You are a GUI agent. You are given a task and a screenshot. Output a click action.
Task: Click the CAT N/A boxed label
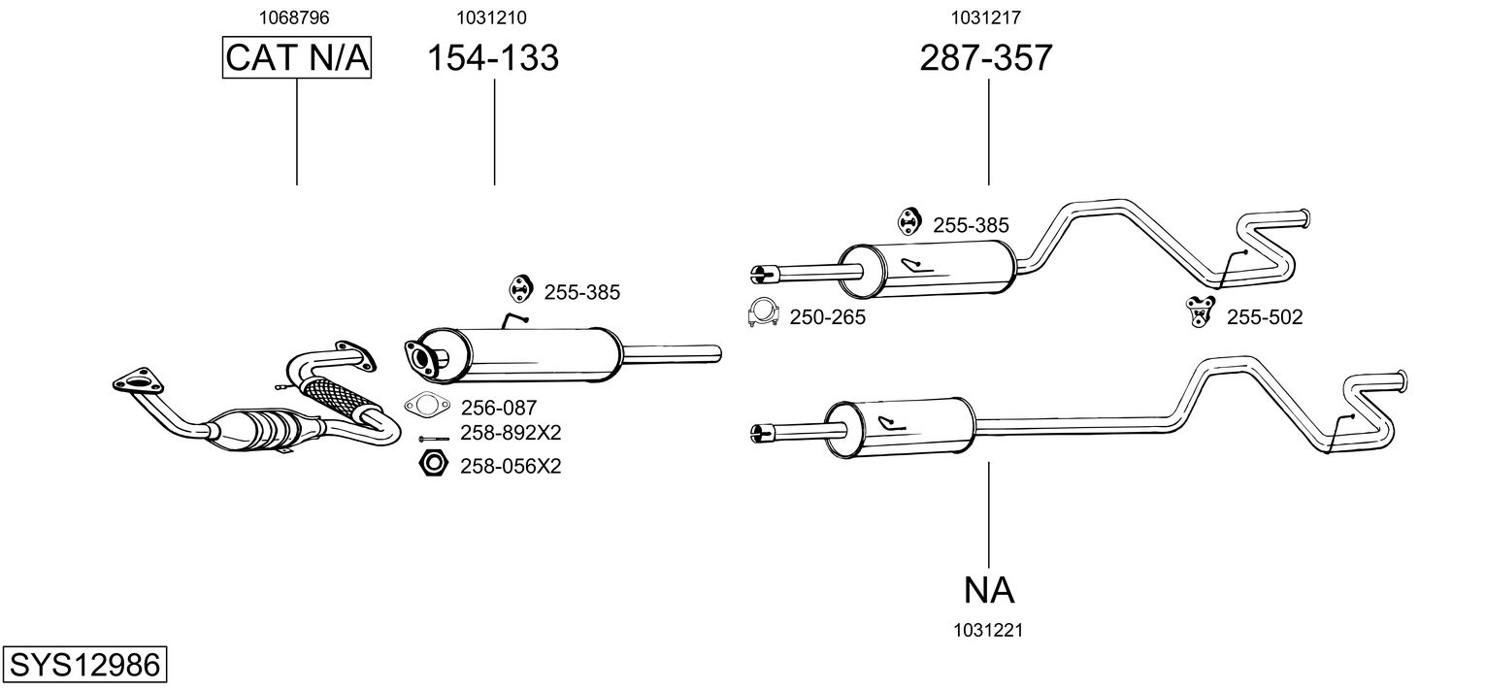coord(297,58)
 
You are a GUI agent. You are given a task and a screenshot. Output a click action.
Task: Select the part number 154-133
coord(494,58)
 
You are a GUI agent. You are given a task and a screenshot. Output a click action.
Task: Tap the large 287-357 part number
coord(986,58)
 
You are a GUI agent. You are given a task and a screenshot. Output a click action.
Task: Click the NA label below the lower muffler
coord(989,590)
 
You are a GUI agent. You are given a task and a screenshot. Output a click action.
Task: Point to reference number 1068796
coord(296,17)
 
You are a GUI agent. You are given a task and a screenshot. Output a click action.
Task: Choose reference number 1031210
coord(492,17)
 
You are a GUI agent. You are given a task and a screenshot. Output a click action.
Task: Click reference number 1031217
coord(985,17)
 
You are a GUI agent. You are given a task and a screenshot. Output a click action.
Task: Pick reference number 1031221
coord(989,631)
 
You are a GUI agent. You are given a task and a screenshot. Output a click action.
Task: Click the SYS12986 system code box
coord(83,666)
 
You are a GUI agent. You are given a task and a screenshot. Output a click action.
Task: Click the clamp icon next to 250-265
coord(765,312)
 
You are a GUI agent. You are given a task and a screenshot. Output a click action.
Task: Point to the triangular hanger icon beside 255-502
coord(1202,312)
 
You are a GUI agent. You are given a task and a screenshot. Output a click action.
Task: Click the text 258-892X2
coord(511,433)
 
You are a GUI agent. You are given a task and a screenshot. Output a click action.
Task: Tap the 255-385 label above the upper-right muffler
coord(971,225)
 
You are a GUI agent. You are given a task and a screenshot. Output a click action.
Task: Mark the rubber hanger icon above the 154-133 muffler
coord(522,288)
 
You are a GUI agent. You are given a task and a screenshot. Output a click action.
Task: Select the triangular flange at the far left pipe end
coord(135,379)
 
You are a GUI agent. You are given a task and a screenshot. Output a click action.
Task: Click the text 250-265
coord(827,317)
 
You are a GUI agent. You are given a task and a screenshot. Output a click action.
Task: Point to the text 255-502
coord(1265,316)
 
